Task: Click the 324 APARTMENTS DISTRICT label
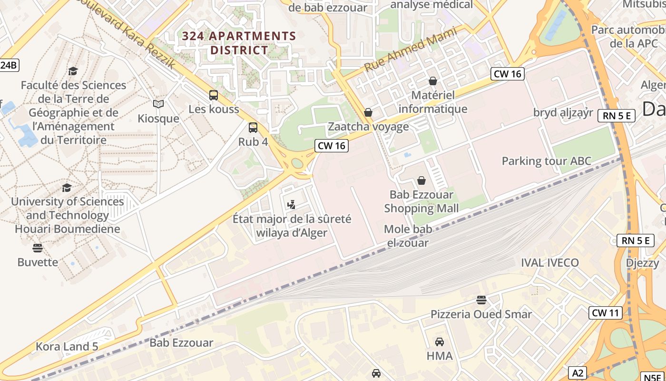tap(239, 43)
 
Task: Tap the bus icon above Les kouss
tap(214, 95)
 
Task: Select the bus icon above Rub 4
tap(253, 128)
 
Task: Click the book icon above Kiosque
tap(158, 104)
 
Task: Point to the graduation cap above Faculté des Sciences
tap(73, 71)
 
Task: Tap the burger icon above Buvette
tap(38, 248)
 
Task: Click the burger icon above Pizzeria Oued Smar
tap(481, 300)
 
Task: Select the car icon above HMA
tap(440, 341)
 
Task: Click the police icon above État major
tap(292, 205)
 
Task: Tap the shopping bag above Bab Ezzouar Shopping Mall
tap(421, 180)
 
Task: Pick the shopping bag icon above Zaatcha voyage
tap(368, 112)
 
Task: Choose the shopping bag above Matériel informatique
tap(432, 81)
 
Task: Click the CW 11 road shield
tap(605, 313)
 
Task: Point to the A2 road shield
tap(578, 373)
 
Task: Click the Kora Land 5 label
tap(67, 346)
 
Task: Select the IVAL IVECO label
tap(550, 262)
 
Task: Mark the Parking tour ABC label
tap(547, 161)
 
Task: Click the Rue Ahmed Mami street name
tap(410, 50)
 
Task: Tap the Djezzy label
tap(642, 262)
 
